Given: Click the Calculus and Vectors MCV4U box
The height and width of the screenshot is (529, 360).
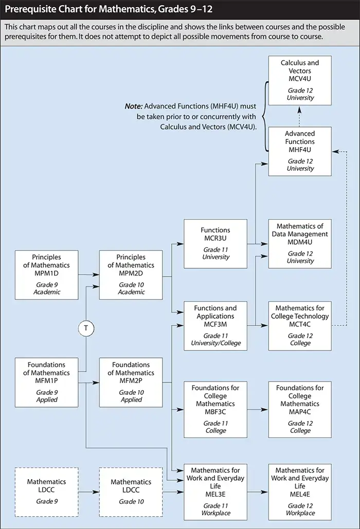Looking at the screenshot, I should click(300, 80).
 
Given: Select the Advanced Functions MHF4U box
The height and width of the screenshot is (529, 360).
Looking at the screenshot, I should click(300, 151).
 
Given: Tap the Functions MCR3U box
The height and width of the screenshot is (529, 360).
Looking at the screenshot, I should click(215, 243).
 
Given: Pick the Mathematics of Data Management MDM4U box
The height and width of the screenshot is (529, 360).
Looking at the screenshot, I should click(300, 243).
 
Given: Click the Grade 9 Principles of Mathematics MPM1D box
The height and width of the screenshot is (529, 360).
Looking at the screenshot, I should click(47, 275).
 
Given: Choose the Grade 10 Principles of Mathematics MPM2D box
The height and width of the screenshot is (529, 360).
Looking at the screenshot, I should click(131, 275).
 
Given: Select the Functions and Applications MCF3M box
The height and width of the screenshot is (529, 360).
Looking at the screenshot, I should click(215, 325).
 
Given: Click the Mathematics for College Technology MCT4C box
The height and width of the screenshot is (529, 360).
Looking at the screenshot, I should click(300, 325).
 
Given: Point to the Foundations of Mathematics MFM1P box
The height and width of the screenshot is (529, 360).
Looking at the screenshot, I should click(47, 381).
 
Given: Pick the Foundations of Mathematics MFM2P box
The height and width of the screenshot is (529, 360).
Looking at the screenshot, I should click(131, 381).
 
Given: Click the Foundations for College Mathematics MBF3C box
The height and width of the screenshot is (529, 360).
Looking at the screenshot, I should click(215, 409).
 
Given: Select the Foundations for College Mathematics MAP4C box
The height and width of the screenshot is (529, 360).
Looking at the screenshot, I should click(300, 409).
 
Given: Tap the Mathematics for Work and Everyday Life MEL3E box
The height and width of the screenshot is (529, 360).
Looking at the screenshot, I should click(215, 491).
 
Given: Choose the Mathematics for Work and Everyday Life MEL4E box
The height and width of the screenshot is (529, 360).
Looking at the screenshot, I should click(300, 491).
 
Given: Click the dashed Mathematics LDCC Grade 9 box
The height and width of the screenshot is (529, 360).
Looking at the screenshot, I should click(47, 491).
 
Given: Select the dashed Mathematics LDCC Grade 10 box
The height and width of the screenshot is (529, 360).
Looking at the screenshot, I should click(131, 491).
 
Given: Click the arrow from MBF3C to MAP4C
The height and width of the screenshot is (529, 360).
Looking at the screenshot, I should click(258, 409).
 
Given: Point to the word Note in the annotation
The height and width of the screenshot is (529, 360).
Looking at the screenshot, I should click(133, 106).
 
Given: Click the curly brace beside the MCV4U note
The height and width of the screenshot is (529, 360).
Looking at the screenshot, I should click(264, 116).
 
